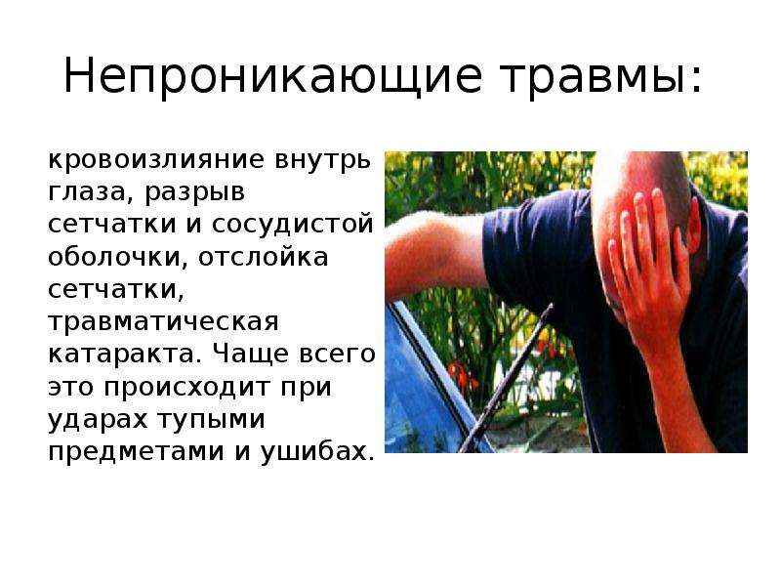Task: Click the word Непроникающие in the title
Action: click(272, 77)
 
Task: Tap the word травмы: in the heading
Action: click(601, 77)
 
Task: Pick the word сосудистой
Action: click(292, 226)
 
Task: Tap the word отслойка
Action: click(263, 257)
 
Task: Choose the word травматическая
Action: click(163, 323)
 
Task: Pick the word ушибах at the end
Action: click(316, 451)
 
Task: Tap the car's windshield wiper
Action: click(506, 379)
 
